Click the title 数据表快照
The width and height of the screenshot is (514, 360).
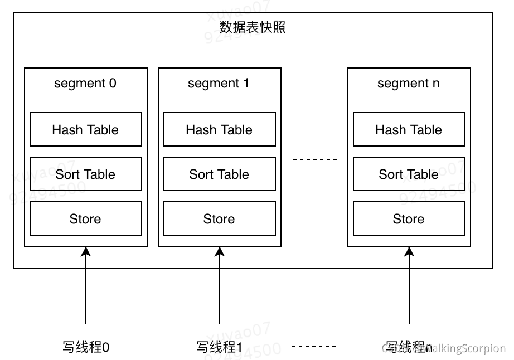(x=253, y=27)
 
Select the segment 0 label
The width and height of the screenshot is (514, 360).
(x=85, y=84)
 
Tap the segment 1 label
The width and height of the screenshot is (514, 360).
(x=219, y=84)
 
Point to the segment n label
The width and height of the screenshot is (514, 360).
(x=409, y=84)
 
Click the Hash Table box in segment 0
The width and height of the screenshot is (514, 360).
(x=85, y=129)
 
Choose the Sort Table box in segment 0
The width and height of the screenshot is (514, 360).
(x=85, y=174)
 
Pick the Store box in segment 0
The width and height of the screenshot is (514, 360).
(x=85, y=218)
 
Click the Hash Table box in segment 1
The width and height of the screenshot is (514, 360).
(x=219, y=129)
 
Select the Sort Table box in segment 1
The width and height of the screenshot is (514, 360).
(x=219, y=174)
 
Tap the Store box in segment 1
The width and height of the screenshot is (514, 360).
(x=219, y=218)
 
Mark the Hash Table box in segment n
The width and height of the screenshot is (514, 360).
(x=409, y=129)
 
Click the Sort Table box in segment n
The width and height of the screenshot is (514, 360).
(x=409, y=174)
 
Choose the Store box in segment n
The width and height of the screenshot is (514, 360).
(x=409, y=218)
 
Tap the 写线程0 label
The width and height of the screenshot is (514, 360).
(x=85, y=347)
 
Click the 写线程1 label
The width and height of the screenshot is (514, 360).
(x=219, y=347)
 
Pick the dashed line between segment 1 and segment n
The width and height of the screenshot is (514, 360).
(x=315, y=159)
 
